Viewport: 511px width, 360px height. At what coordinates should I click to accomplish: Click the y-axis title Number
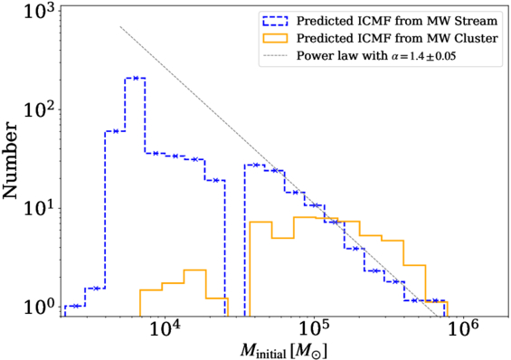[x=10, y=160]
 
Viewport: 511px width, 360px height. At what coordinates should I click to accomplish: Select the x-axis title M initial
[x=283, y=350]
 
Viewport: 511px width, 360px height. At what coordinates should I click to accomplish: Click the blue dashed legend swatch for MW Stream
[x=275, y=21]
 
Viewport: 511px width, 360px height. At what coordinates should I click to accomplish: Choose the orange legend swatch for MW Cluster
[x=275, y=39]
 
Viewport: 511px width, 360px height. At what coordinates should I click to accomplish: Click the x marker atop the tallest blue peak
[x=136, y=78]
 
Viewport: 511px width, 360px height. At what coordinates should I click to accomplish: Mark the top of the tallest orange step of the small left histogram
[x=194, y=270]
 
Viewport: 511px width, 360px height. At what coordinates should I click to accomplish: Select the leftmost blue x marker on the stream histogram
[x=76, y=306]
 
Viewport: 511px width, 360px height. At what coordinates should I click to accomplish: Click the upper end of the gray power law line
[x=120, y=26]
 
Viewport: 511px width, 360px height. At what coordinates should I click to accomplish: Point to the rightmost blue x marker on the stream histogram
[x=434, y=300]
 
